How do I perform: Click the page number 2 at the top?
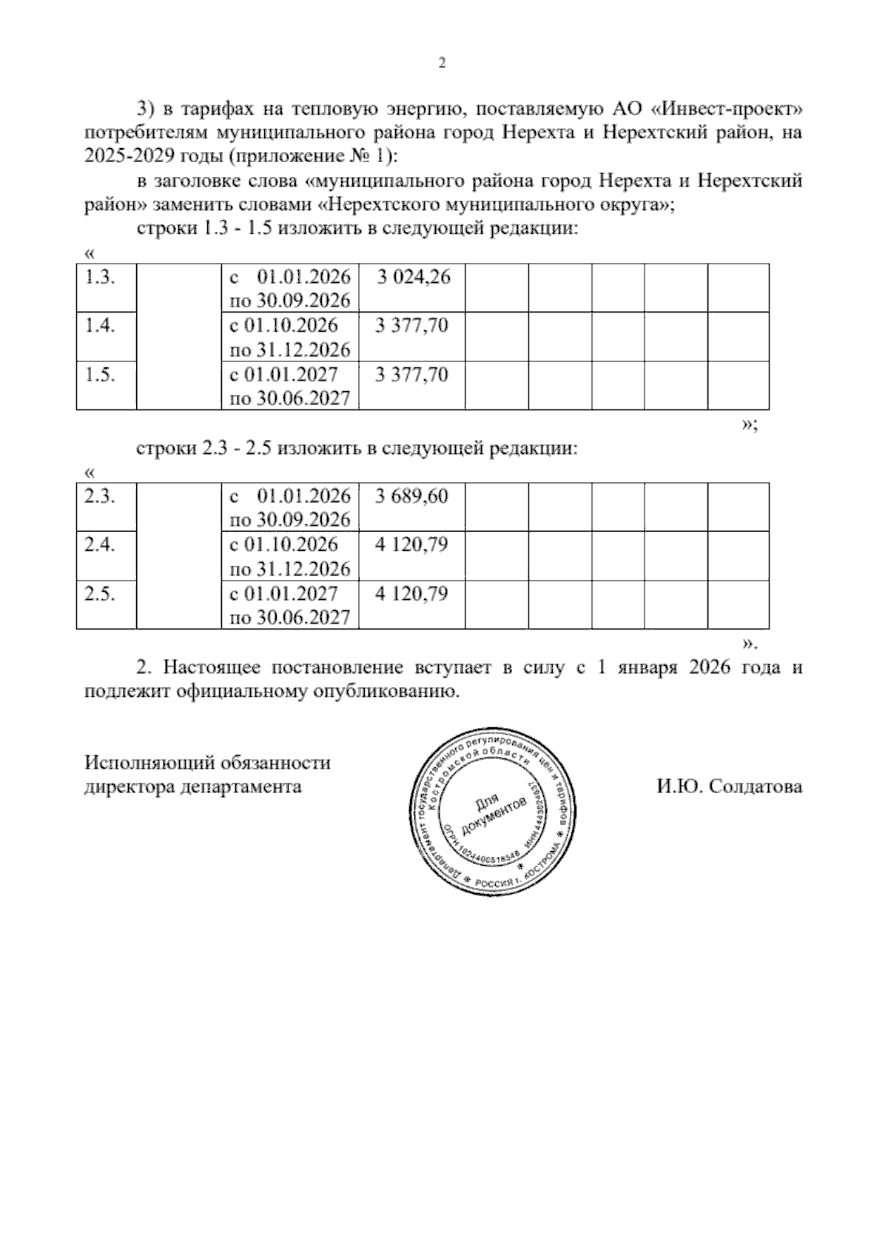443,64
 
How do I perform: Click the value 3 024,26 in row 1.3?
413,278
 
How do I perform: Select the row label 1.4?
99,326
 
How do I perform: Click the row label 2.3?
99,497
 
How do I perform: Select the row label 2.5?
99,595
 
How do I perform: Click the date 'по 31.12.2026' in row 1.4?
290,350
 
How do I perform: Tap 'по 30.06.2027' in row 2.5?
290,618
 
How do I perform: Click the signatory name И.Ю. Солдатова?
729,786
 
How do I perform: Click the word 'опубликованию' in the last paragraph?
384,692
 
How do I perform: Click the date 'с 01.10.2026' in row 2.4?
284,546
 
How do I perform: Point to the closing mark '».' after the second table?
750,641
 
